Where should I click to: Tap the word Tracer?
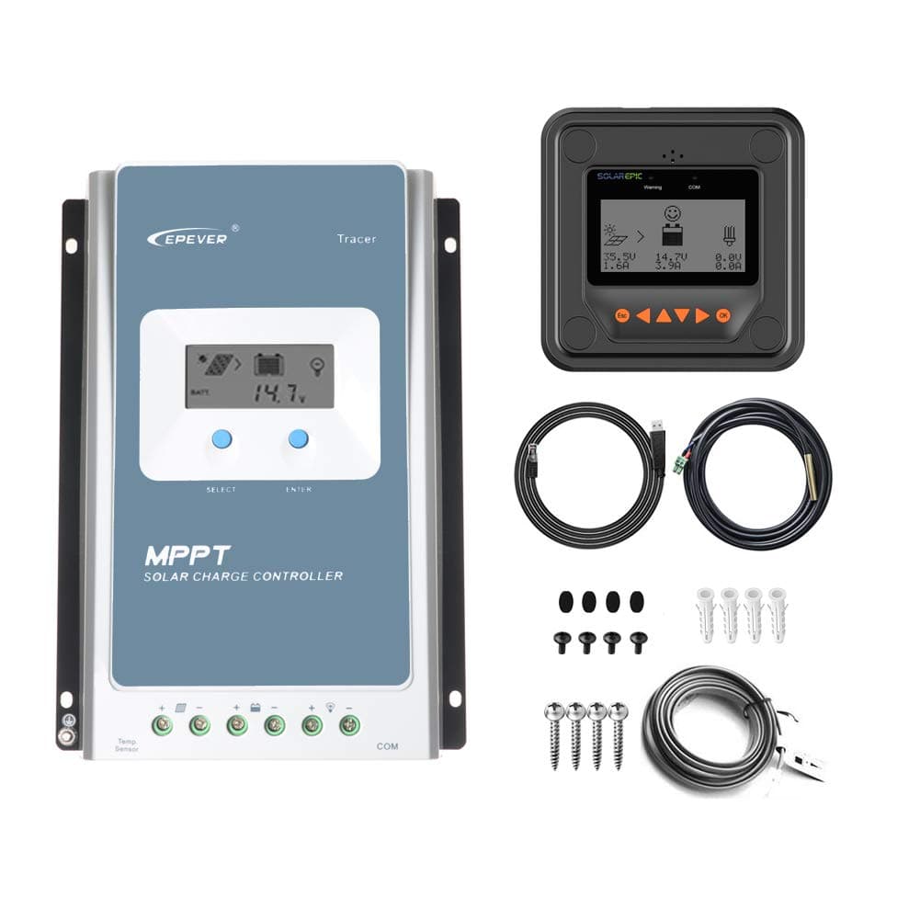click(356, 239)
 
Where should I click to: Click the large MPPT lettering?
click(187, 556)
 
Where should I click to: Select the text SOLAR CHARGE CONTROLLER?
click(244, 576)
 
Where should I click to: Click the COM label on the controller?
click(387, 746)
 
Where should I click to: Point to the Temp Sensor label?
click(127, 744)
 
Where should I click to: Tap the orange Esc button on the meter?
click(621, 315)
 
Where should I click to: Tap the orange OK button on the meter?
click(724, 315)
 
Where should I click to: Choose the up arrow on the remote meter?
click(663, 315)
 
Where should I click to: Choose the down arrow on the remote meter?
click(682, 315)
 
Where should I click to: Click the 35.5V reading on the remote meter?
click(618, 256)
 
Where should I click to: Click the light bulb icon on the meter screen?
click(732, 233)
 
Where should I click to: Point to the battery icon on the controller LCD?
click(269, 364)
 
